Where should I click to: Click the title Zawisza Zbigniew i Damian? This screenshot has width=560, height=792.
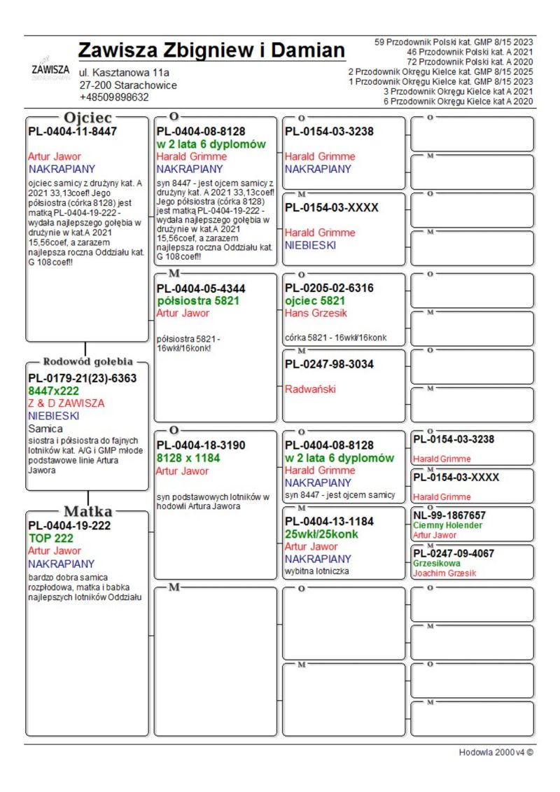211,51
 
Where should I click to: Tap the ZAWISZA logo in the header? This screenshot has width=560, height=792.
50,70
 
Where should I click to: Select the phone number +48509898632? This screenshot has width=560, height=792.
114,97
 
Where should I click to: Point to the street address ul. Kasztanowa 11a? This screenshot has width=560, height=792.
124,72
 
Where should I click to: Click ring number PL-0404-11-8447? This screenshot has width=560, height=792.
72,131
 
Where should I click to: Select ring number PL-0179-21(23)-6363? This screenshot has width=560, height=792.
82,378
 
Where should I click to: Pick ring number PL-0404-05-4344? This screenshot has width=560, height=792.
201,288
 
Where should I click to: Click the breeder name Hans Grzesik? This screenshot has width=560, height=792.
316,313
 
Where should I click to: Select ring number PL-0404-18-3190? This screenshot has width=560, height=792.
201,445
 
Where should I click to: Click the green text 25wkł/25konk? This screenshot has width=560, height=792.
321,534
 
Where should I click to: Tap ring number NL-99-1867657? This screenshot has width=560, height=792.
449,515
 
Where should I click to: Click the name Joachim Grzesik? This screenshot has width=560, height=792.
444,573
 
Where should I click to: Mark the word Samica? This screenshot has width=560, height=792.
45,429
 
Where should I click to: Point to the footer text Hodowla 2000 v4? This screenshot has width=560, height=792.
496,752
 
